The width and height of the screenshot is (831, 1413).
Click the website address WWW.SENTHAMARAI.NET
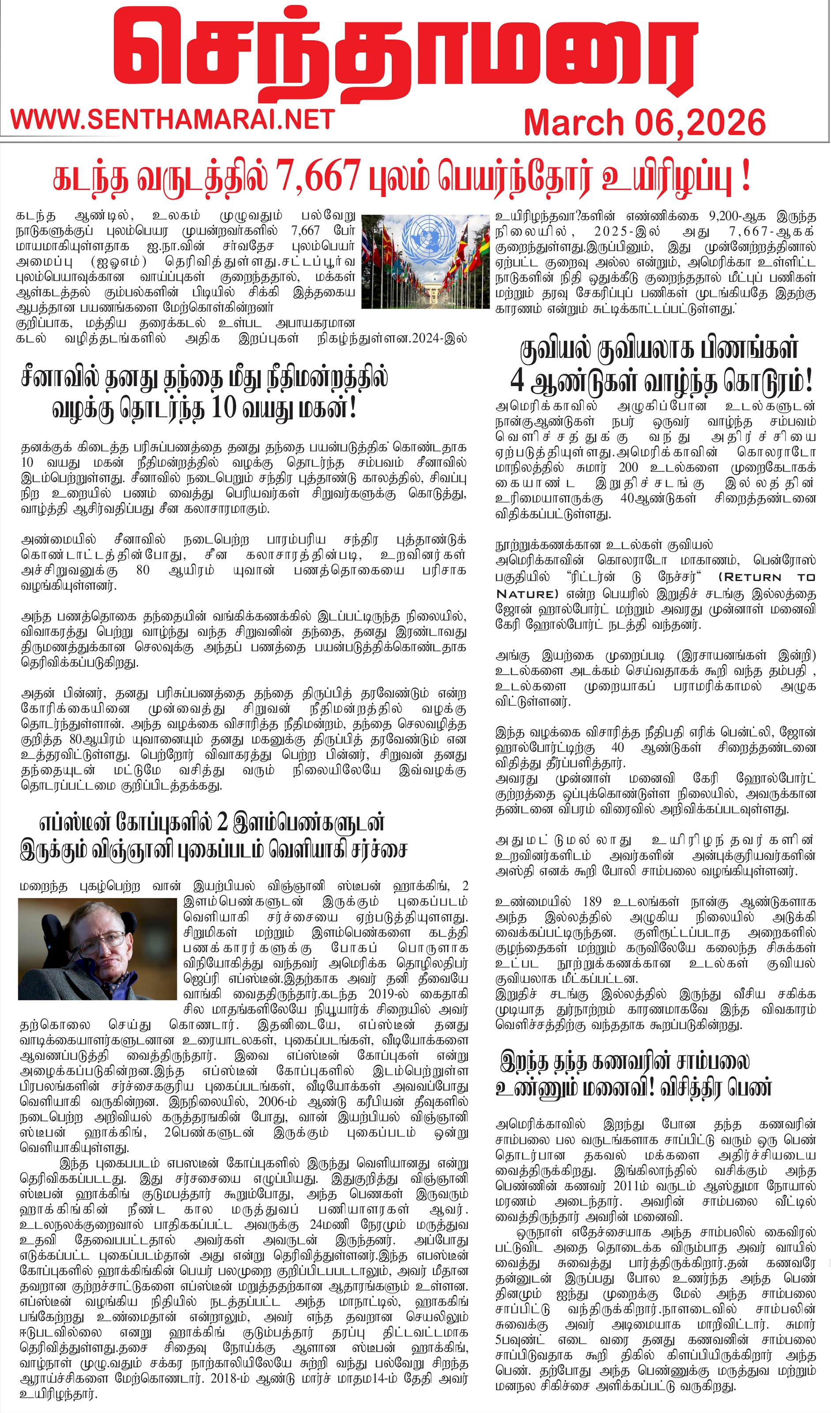(x=173, y=119)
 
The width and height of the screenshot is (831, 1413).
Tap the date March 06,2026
(x=644, y=123)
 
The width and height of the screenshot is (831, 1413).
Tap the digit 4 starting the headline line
(x=517, y=382)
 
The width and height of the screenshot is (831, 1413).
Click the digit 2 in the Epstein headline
(x=222, y=823)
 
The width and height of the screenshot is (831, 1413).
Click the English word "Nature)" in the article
(x=527, y=593)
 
